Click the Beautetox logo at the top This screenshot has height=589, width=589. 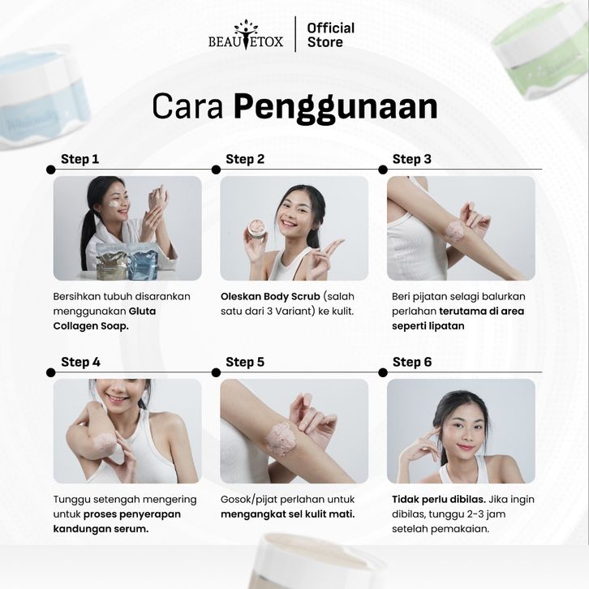tap(246, 35)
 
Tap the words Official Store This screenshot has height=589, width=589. tap(330, 35)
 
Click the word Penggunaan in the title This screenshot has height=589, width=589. tap(335, 108)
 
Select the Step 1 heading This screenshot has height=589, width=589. tap(80, 159)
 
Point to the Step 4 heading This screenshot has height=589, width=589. tap(80, 362)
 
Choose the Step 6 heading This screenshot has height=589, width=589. tap(412, 362)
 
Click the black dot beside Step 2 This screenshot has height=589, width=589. tap(216, 170)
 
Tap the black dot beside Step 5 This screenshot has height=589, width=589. tap(216, 372)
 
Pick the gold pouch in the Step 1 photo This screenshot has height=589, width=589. tap(112, 263)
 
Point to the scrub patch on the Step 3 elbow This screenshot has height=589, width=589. tap(454, 231)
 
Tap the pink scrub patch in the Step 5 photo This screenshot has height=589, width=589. tap(282, 439)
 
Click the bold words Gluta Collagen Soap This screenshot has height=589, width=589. tap(105, 319)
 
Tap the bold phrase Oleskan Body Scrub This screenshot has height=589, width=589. tap(270, 296)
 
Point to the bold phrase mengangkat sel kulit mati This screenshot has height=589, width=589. tap(288, 514)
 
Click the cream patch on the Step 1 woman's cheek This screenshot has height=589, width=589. tap(114, 204)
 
